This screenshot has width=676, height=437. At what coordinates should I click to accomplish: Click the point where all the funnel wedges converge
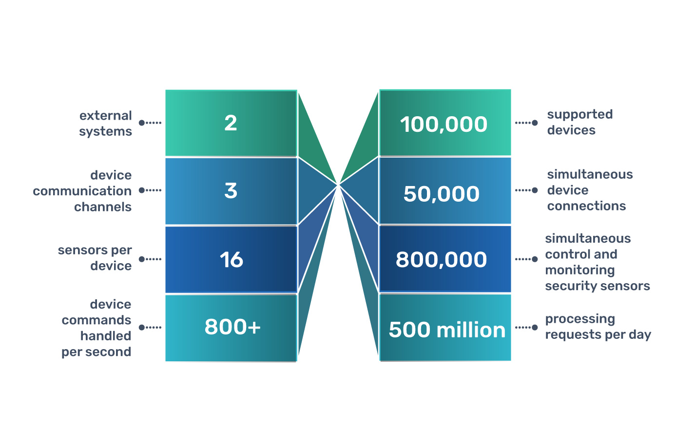[338, 184]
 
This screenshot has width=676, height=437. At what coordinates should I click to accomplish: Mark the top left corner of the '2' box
[165, 90]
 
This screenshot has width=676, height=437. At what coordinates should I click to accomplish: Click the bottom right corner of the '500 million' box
[511, 361]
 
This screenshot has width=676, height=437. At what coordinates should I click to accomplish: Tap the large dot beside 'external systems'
[141, 123]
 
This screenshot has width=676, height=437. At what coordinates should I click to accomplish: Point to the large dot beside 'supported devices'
[535, 123]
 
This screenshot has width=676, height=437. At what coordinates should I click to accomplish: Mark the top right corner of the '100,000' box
[511, 89]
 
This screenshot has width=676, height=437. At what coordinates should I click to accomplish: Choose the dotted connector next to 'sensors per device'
[150, 259]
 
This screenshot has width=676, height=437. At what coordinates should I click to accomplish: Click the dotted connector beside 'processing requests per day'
[526, 328]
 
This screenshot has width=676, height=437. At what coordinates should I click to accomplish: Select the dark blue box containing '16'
[231, 259]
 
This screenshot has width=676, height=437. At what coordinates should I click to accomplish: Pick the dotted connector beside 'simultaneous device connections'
[526, 190]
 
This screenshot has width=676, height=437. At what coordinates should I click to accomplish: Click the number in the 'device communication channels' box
[231, 191]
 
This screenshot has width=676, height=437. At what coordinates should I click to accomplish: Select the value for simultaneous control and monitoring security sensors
[441, 260]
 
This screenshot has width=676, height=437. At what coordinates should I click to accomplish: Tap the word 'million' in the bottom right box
[471, 330]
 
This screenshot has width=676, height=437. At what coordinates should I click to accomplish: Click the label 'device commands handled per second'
[97, 328]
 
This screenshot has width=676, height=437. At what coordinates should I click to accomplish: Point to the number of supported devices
[444, 125]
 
